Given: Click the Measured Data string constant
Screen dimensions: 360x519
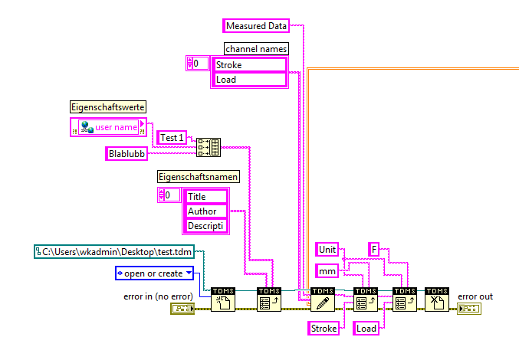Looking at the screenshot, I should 257,25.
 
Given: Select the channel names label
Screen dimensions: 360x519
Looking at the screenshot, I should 250,48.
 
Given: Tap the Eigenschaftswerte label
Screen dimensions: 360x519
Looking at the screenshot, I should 108,106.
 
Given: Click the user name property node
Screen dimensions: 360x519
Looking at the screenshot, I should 113,126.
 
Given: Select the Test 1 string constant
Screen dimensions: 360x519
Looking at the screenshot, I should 171,138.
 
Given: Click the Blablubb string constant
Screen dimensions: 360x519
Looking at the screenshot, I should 126,153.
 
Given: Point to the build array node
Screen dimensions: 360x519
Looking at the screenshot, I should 208,146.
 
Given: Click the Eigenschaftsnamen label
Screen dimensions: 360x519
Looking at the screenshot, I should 198,176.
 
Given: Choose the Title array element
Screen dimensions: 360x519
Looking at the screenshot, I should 205,197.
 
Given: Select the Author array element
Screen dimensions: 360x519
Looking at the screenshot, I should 205,211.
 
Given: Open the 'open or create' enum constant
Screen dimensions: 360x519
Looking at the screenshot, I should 154,273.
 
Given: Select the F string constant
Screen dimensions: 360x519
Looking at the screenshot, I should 375,249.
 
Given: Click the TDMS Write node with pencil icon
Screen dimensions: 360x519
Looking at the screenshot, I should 323,301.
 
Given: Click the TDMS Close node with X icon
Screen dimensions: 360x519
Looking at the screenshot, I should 437,301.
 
